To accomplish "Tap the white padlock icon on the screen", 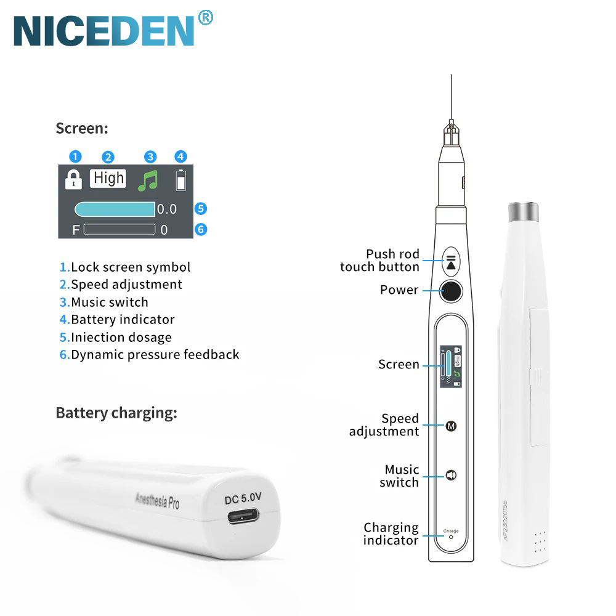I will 73,179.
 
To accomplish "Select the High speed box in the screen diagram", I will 108,179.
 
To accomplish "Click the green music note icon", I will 148,180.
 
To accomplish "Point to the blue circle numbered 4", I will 180,156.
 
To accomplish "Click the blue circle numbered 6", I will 201,230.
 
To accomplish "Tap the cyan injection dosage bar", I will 115,209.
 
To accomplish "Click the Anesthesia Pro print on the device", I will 157,498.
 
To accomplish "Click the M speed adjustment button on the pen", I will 451,426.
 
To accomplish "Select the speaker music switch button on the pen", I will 451,476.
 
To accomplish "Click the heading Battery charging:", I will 116,413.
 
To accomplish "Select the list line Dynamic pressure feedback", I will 150,355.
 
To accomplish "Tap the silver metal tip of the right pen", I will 524,212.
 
